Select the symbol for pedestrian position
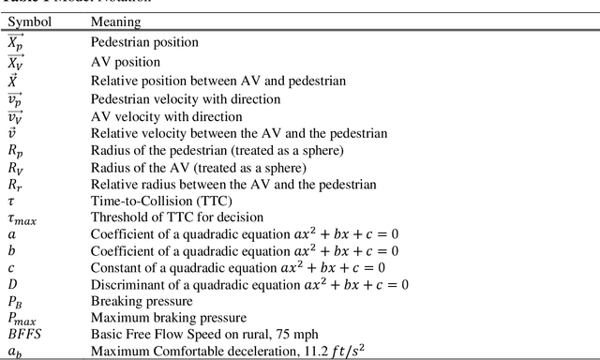click(17, 42)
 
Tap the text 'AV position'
click(122, 62)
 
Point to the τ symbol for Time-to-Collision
click(11, 202)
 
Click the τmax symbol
click(21, 218)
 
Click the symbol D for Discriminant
click(12, 284)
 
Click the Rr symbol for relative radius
click(15, 185)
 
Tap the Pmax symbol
click(21, 319)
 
